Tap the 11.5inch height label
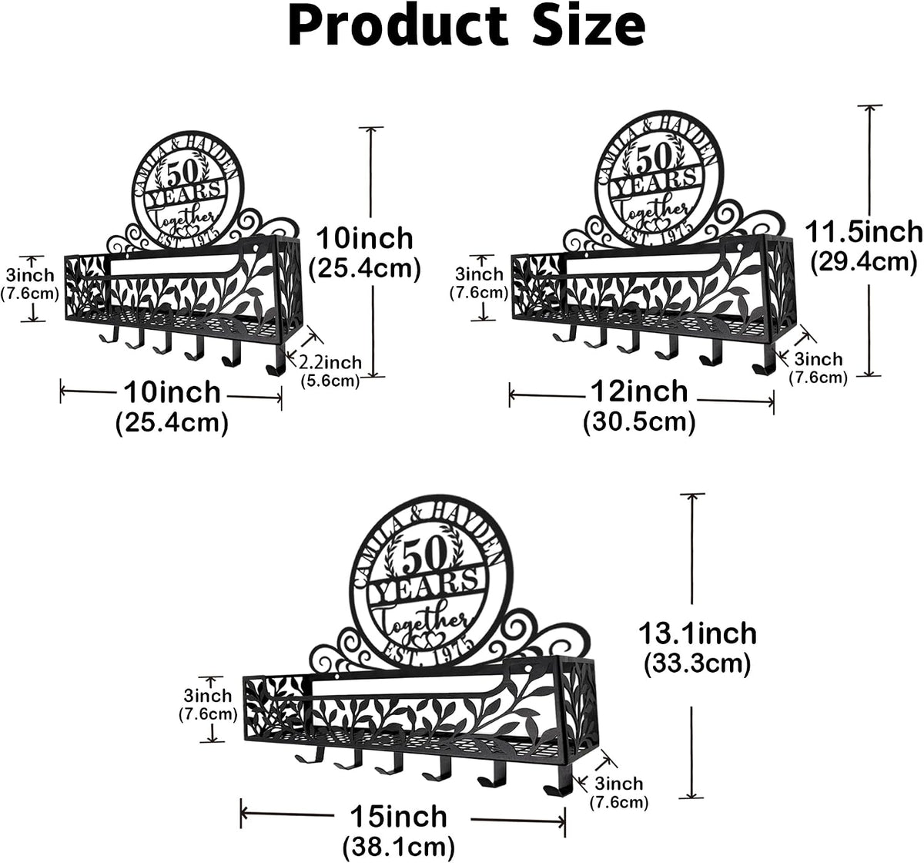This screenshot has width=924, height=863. point(863,232)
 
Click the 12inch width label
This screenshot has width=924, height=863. point(639,391)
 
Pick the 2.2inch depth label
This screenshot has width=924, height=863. point(330,362)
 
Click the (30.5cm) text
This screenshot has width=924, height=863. point(639,422)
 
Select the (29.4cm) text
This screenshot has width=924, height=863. point(864,262)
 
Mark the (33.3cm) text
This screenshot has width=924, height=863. point(698,663)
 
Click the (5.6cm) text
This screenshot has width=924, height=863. point(330,381)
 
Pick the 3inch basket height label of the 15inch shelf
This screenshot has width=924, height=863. point(207,695)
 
